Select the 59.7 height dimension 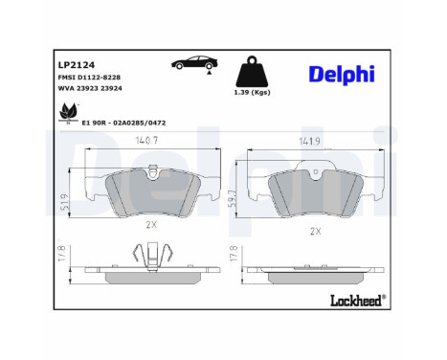231,196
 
